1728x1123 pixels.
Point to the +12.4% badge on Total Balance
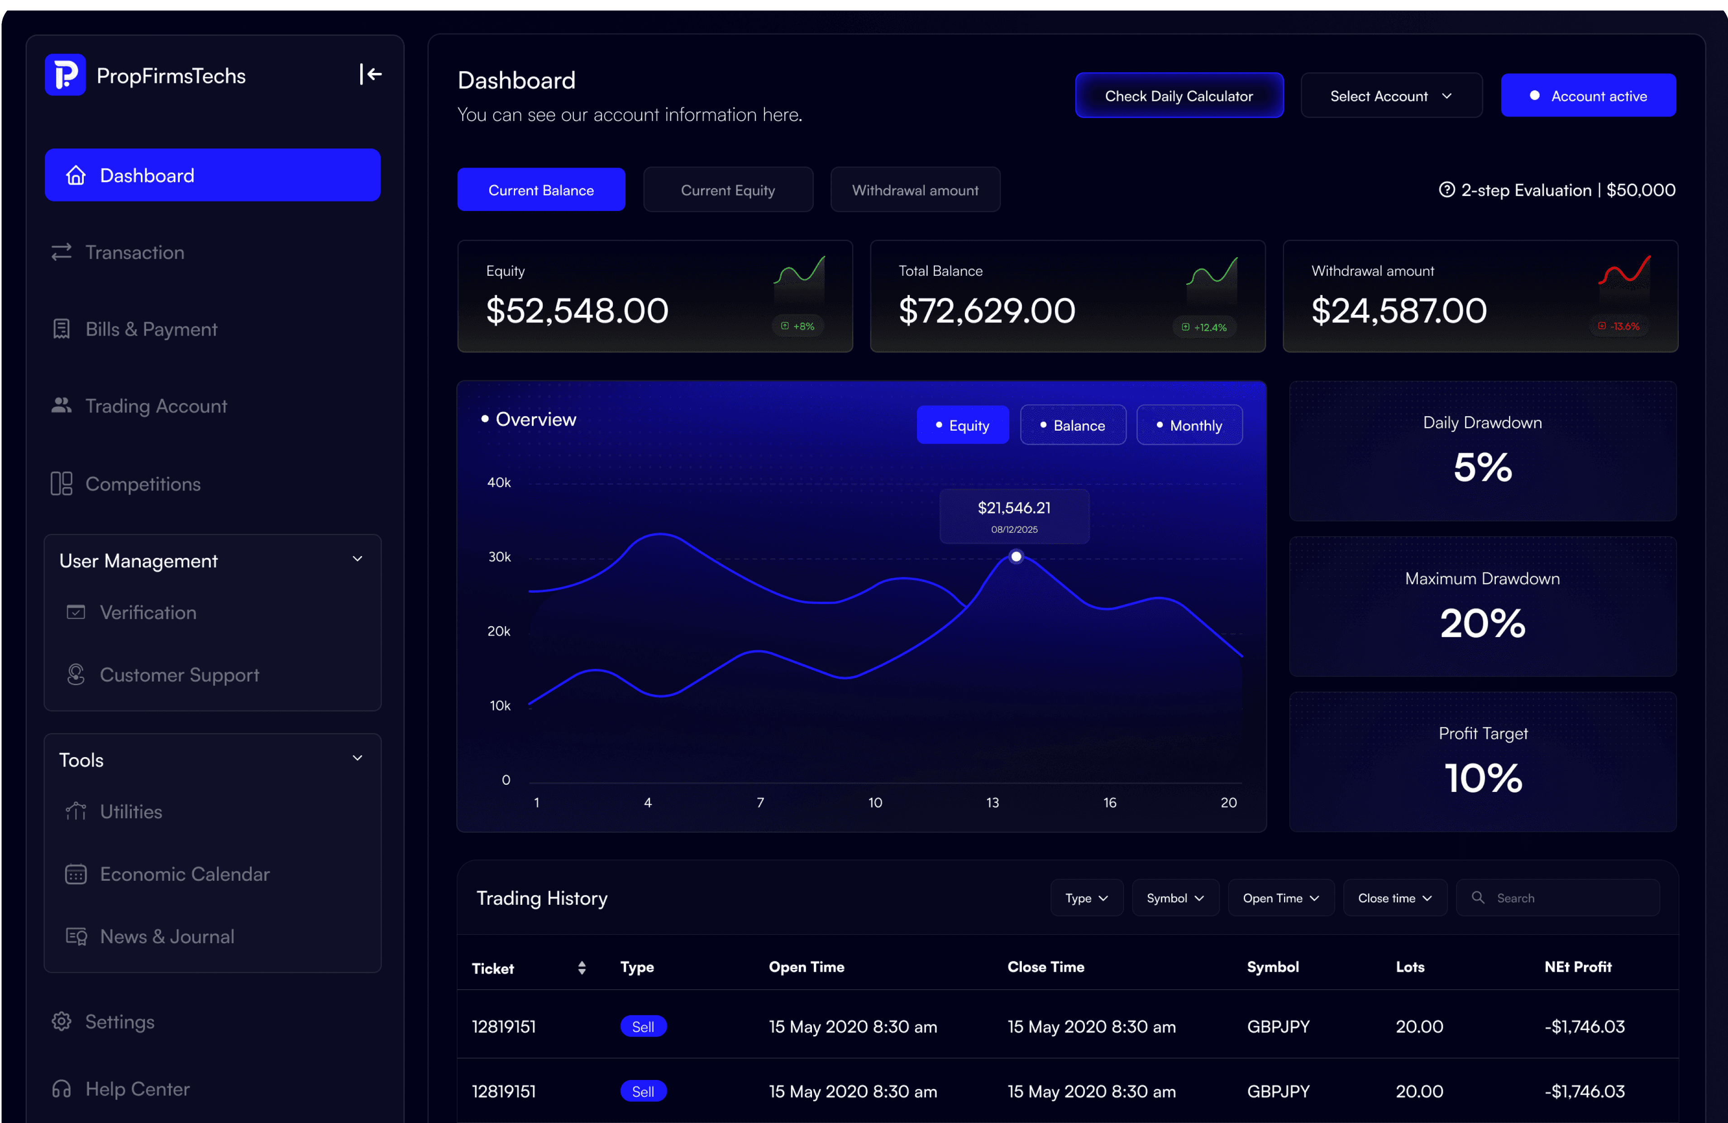point(1204,327)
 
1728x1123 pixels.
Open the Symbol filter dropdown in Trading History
point(1175,898)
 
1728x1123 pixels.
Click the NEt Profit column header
point(1578,967)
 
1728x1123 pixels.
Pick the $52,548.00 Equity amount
point(577,310)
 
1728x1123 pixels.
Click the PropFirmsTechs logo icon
point(65,74)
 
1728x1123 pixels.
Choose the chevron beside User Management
point(357,559)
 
